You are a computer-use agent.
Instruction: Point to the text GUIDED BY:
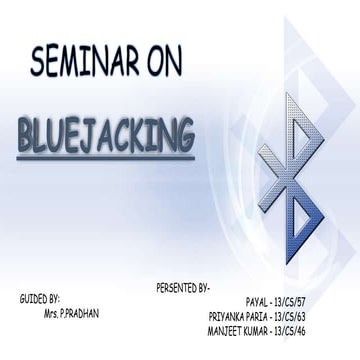tap(40, 299)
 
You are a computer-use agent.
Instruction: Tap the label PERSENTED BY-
tap(183, 288)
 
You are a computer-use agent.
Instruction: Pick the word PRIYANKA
tap(229, 313)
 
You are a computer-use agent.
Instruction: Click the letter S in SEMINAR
tap(42, 64)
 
